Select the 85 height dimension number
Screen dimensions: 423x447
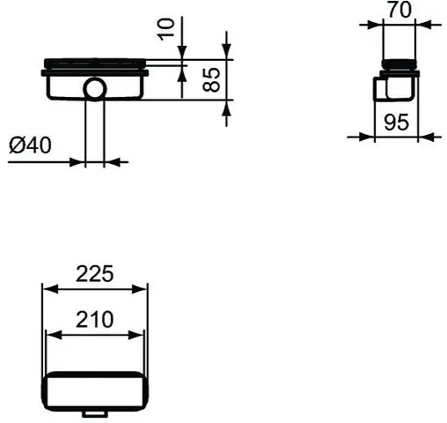pos(209,81)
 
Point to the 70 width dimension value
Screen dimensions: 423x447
pos(400,12)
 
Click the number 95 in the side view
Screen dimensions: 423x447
pos(397,122)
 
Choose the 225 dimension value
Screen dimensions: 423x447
pos(95,274)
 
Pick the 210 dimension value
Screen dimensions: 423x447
pos(95,319)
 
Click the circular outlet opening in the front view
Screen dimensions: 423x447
pos(94,88)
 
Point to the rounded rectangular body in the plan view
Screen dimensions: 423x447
pos(95,389)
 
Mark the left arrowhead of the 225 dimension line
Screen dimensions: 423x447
pos(48,289)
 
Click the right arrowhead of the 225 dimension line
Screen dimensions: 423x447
pos(142,289)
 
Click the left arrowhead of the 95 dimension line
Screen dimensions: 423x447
pos(369,137)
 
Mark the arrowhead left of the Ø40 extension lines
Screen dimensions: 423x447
pos(78,162)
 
